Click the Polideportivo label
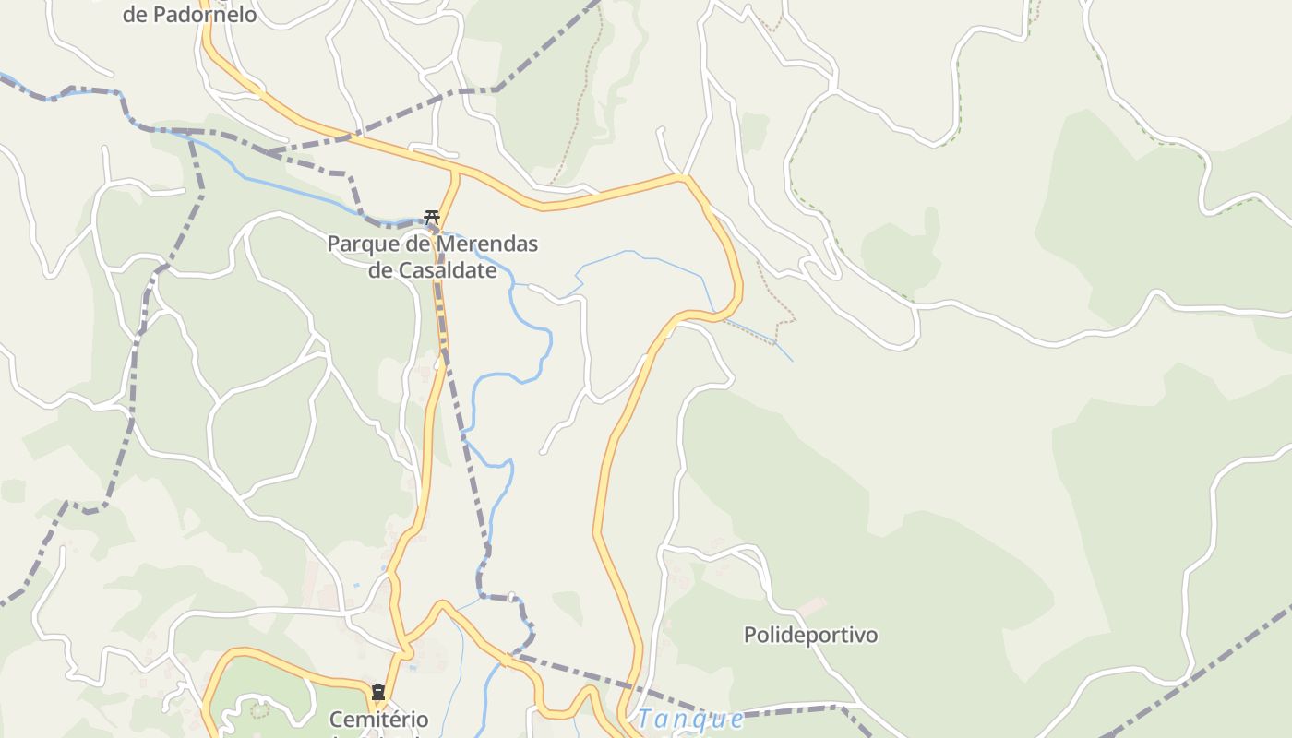[x=810, y=635]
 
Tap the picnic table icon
[x=431, y=218]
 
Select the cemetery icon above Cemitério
[x=377, y=692]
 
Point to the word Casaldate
[x=447, y=270]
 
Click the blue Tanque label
[x=690, y=719]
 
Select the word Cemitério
[x=378, y=720]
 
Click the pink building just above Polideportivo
[x=812, y=608]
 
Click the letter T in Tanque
[x=644, y=719]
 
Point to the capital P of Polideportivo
[x=750, y=635]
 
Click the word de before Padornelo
[x=136, y=14]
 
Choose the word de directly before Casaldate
[x=380, y=270]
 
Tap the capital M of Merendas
[x=424, y=244]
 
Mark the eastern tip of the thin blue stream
[x=792, y=360]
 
